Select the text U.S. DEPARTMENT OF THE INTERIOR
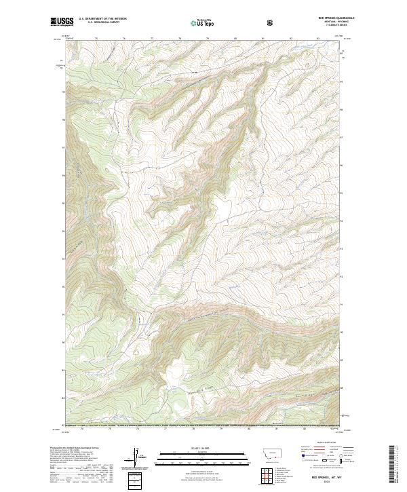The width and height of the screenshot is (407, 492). click(x=102, y=20)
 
